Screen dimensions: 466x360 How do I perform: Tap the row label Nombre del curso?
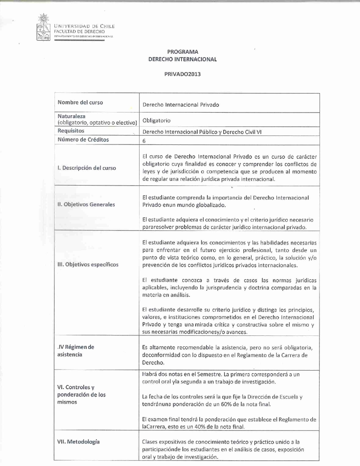point(80,102)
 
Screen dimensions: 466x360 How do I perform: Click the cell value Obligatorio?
point(156,120)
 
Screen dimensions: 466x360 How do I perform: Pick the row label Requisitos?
point(71,131)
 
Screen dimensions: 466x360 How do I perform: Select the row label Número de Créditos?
point(83,140)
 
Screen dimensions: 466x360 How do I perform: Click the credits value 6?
point(144,140)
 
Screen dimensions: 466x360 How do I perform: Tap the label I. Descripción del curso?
point(86,168)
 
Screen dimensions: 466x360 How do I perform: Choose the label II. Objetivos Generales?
point(86,204)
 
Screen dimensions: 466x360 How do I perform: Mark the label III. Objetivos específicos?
point(88,264)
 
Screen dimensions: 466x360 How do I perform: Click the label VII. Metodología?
point(78,442)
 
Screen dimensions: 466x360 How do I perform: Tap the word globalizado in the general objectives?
point(209,205)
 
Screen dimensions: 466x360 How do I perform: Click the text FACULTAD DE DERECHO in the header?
point(79,32)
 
